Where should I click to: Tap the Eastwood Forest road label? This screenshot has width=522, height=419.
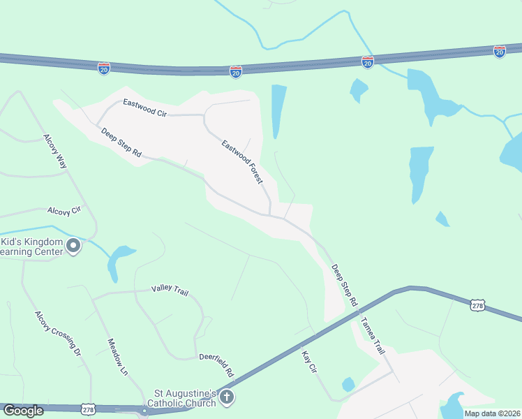click(242, 162)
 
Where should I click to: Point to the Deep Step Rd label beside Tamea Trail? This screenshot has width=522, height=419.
click(343, 285)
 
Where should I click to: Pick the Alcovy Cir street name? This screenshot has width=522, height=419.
click(65, 209)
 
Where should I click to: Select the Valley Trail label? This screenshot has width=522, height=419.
click(170, 291)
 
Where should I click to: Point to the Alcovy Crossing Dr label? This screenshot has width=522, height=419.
click(58, 333)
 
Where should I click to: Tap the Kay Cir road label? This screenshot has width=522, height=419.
click(309, 360)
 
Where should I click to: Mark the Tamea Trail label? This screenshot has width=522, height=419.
click(373, 336)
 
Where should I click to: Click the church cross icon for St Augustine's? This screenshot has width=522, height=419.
click(226, 397)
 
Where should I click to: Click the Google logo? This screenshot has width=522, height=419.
click(23, 411)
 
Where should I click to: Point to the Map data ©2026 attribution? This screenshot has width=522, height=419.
click(492, 413)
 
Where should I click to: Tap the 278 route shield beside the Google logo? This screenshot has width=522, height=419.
click(88, 408)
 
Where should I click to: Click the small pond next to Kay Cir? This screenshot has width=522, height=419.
click(348, 384)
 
